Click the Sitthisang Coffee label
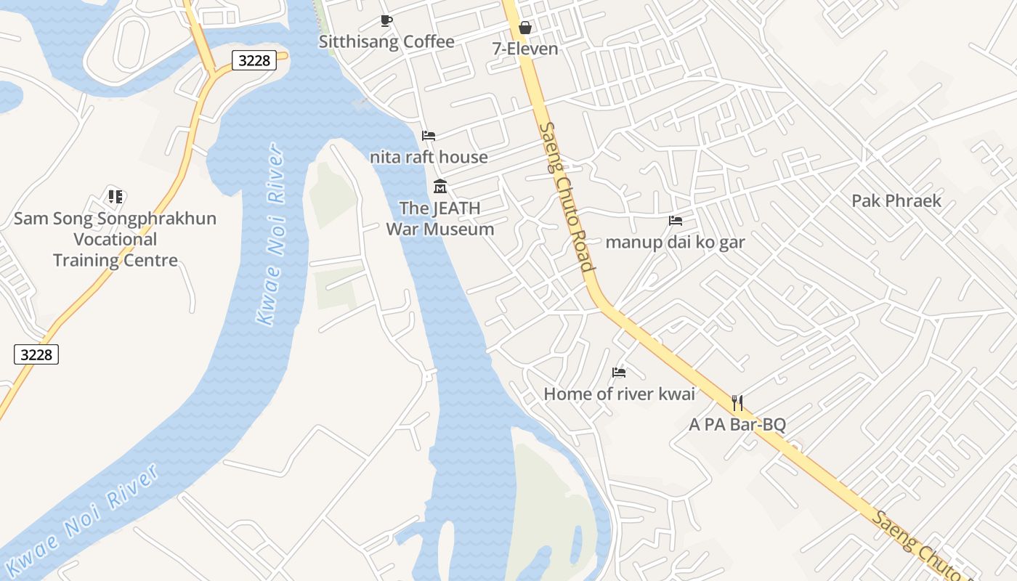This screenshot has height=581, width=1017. pos(386,42)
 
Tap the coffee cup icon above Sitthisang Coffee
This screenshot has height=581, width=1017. pos(386,21)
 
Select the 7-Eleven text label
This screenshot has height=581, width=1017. pos(524,49)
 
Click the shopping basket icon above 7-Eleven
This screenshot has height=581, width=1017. pos(524,28)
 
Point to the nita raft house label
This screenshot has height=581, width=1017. pos(429,157)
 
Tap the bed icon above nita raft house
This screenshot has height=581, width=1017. pos(429,136)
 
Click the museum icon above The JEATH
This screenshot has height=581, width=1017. pos(439,187)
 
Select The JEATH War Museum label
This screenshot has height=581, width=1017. pos(439,219)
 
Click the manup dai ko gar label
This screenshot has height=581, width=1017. pos(675,242)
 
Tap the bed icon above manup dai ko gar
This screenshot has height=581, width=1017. pos(675,221)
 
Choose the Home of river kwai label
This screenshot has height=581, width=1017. pos(619,394)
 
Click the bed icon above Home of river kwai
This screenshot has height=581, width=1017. pos(619,373)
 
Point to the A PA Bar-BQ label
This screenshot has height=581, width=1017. pos(737,424)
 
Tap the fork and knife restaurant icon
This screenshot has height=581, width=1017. pos(737,402)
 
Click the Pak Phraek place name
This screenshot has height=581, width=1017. pos(896,200)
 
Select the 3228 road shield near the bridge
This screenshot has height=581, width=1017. pos(254,60)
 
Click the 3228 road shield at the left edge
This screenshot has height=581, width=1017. pos(36,354)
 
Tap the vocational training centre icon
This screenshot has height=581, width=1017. pos(116,196)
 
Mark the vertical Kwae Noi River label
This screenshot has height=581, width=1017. pos(270,234)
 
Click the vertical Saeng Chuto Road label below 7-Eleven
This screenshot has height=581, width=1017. pos(567,196)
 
